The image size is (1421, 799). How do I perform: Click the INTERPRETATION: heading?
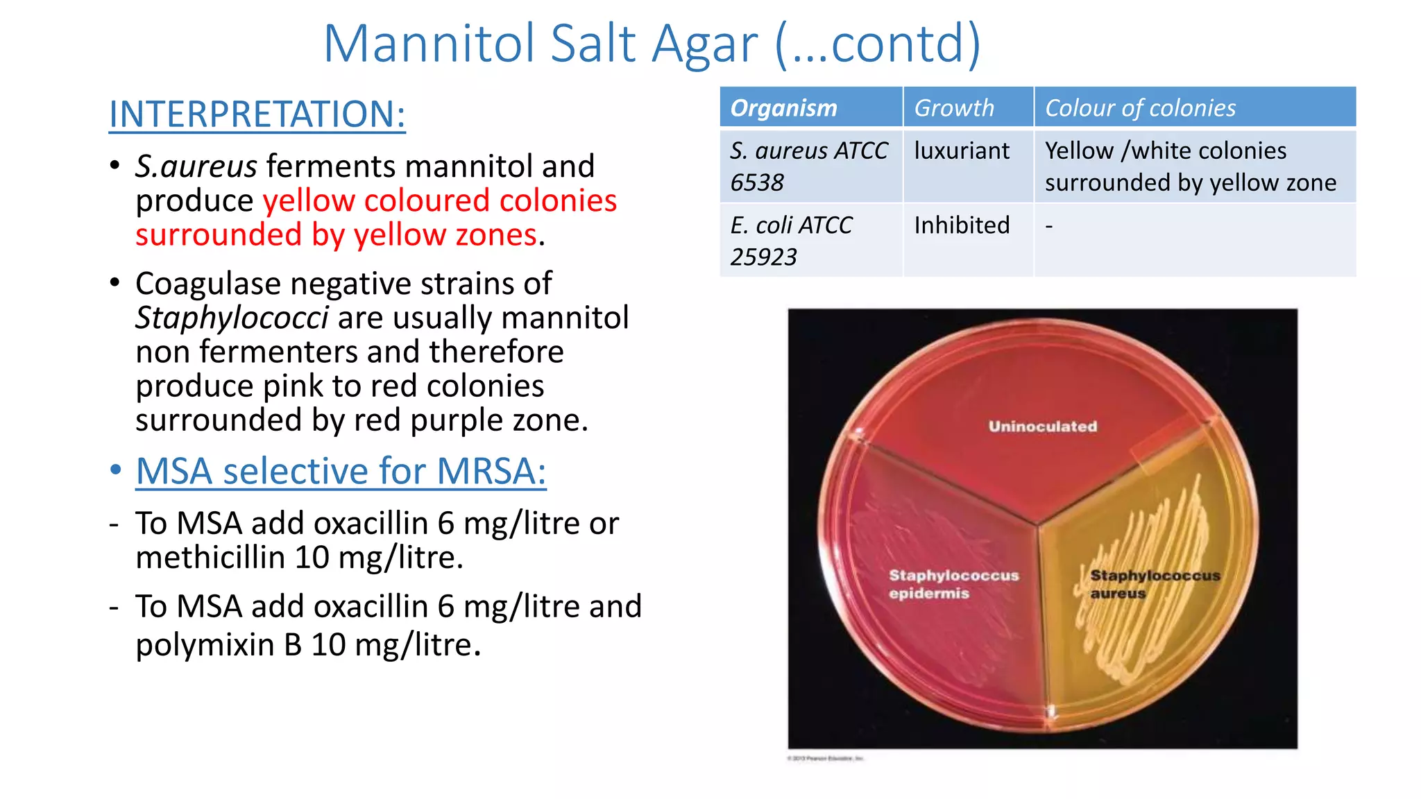coord(257,114)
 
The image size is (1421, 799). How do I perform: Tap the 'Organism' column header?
coord(783,108)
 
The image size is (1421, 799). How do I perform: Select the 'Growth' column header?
coord(954,108)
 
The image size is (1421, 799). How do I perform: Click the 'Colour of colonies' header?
coord(1140,108)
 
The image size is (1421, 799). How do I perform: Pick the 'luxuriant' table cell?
coord(962,151)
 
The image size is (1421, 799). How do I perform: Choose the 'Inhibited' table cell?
coord(962,225)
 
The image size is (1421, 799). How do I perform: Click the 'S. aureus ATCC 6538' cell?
coord(808,166)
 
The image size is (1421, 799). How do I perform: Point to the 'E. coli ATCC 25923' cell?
coord(791,241)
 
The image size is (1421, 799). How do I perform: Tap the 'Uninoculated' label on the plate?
coord(1043,427)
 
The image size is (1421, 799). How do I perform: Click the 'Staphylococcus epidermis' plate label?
coord(953,584)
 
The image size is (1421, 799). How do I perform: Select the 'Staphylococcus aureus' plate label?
coord(1154,584)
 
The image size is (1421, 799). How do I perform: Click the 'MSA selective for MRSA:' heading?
coord(341,472)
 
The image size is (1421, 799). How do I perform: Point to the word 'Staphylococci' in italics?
coord(232,318)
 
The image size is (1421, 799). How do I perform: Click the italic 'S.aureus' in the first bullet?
coord(196,166)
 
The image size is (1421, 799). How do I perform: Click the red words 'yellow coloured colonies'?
coord(439,200)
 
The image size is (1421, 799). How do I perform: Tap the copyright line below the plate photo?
coord(825,759)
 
